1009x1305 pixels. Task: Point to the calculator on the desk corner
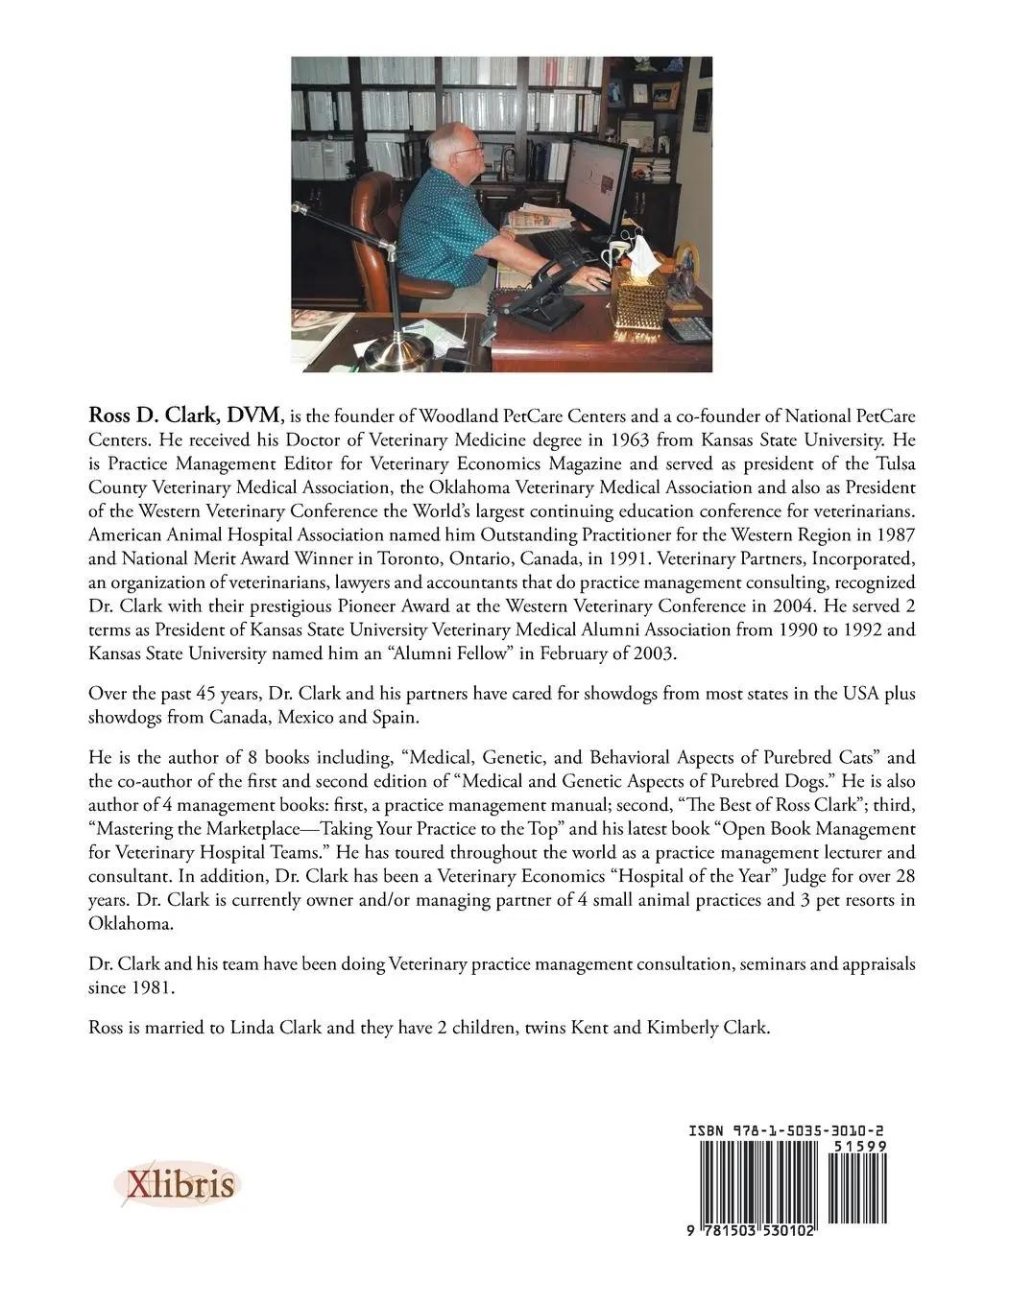pyautogui.click(x=687, y=329)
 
